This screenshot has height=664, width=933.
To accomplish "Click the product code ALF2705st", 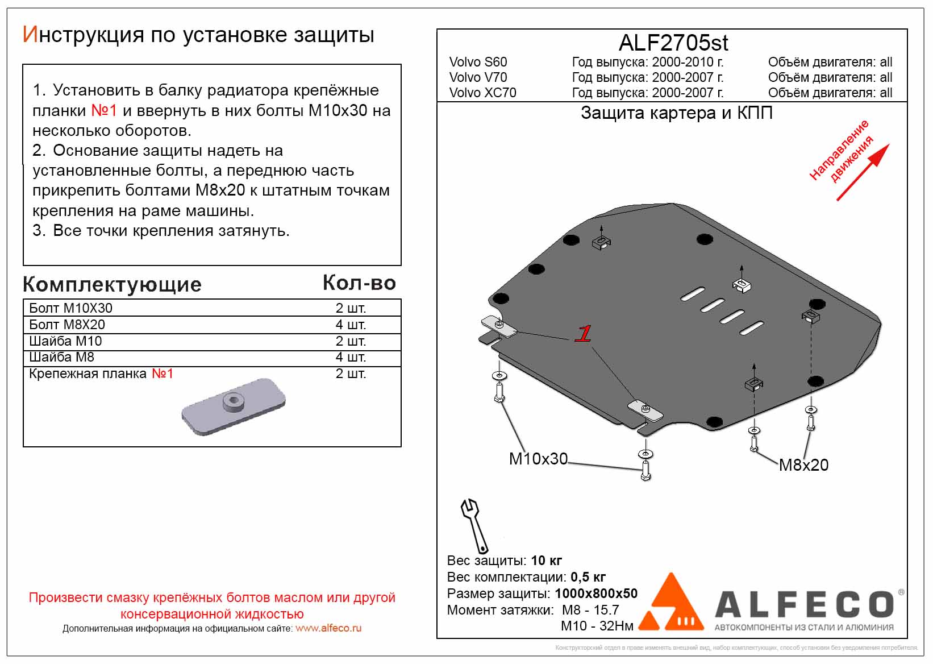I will pos(673,43).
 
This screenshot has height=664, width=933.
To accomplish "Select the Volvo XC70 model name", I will pos(482,93).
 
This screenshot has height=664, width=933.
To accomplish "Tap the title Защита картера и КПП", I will pos(676,113).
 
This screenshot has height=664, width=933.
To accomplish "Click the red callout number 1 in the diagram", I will pos(584,334).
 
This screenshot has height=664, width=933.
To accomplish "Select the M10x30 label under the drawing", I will pos(538,459).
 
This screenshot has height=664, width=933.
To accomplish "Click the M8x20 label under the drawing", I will pos(803,465).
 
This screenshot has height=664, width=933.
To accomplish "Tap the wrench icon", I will pos(474,525).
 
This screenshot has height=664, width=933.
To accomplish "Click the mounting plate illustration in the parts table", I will pos(233,406).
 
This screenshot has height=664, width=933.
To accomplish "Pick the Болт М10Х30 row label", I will pos(70,308).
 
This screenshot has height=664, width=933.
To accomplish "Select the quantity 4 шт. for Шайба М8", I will pos(351,357).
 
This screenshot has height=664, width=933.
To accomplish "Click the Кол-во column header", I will pos(359,283).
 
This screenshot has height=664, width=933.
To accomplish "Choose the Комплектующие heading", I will pos(112,284).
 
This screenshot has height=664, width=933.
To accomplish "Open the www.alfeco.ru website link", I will pos(328,628).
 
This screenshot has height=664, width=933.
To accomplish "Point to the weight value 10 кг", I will pos(546,561).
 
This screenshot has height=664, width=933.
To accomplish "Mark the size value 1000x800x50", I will pos(596,594).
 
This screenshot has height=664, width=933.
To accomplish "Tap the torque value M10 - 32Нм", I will pos(597,626).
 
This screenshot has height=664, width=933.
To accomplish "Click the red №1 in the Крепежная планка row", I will pos(162,374).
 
